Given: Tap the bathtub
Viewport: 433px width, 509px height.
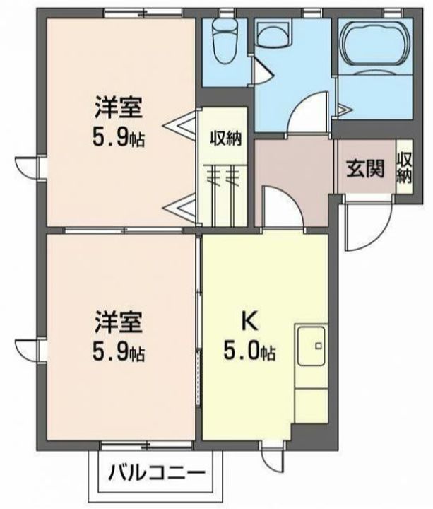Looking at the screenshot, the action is pyautogui.click(x=375, y=45).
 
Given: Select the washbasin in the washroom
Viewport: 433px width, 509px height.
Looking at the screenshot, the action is pyautogui.click(x=273, y=35).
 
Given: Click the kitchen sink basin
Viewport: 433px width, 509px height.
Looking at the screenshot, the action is pyautogui.click(x=311, y=346).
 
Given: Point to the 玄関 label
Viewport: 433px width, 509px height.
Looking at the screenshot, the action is pyautogui.click(x=365, y=168).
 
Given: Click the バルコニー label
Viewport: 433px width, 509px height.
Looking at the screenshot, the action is pyautogui.click(x=157, y=473).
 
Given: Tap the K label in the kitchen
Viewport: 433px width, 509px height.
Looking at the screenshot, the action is pyautogui.click(x=249, y=322).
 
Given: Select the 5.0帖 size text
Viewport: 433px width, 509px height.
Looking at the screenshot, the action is pyautogui.click(x=250, y=351).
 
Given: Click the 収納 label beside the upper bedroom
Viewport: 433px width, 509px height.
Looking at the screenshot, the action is pyautogui.click(x=226, y=139).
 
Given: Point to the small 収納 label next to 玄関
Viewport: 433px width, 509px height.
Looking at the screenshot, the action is pyautogui.click(x=404, y=169).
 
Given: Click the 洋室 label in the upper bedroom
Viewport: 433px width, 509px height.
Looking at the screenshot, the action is pyautogui.click(x=119, y=107).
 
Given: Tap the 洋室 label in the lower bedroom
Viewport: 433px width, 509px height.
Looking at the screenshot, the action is pyautogui.click(x=119, y=322).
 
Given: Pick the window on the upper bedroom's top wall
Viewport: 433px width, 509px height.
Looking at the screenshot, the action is pyautogui.click(x=143, y=13).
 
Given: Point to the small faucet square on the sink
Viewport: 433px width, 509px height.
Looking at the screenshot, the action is pyautogui.click(x=319, y=346).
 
